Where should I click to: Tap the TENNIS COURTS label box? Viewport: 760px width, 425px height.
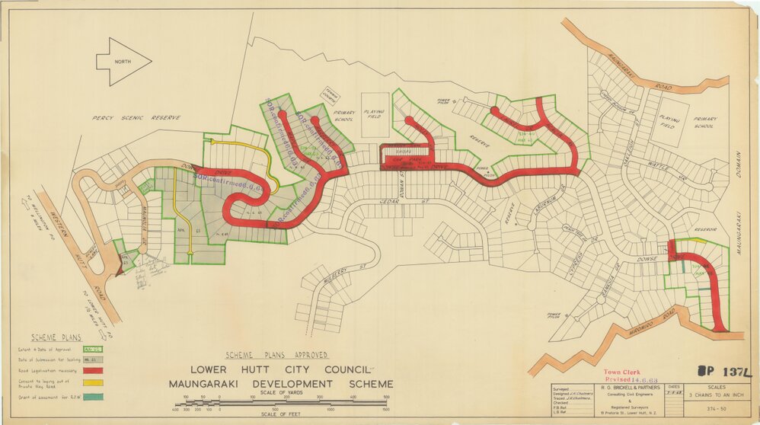pyautogui.click(x=329, y=91)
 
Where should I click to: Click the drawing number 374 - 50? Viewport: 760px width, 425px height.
pyautogui.click(x=715, y=410)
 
